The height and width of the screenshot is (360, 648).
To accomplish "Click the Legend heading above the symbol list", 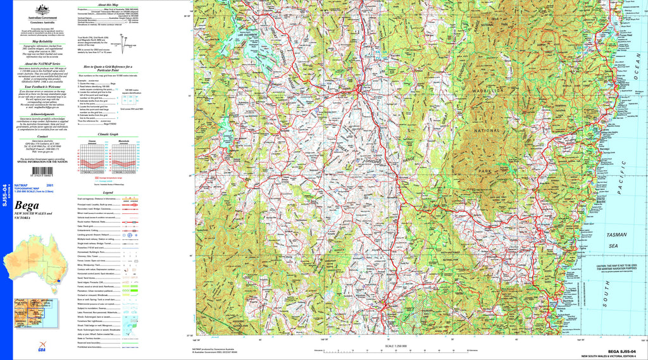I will coord(108,192).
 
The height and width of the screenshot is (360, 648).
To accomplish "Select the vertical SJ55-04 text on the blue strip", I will coord(6,196).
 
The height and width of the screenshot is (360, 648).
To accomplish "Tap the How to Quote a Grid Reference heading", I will coord(108,67).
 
